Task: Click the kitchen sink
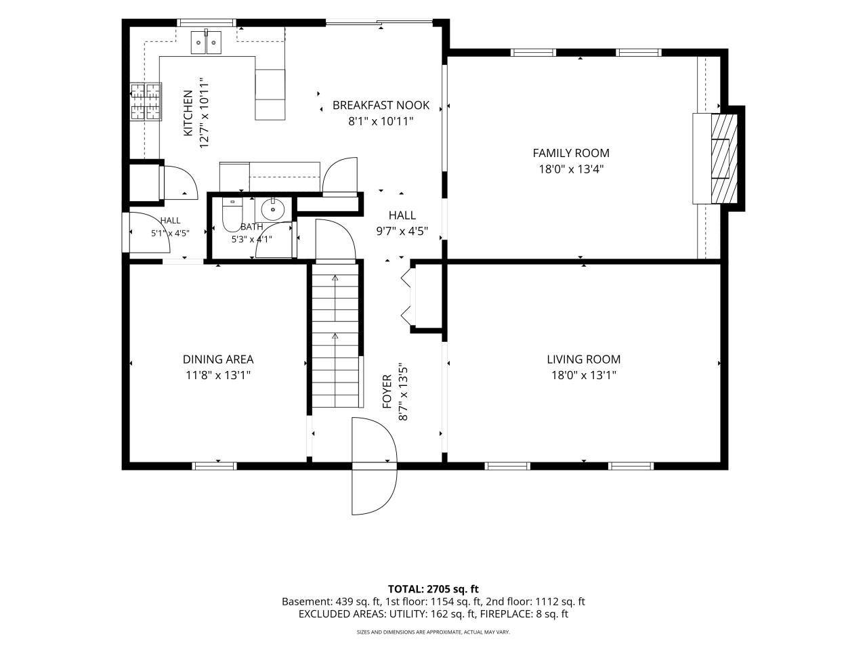click(x=206, y=42)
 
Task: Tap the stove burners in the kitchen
click(x=146, y=102)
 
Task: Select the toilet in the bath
click(x=232, y=215)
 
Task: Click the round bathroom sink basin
click(x=272, y=209)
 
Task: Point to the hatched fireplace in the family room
click(x=724, y=158)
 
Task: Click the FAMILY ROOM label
click(x=571, y=153)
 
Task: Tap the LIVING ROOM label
click(x=583, y=359)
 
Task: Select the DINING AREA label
click(x=218, y=359)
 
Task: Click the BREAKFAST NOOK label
click(x=381, y=106)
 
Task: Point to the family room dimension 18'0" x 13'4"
click(x=571, y=169)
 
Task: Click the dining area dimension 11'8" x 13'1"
click(x=218, y=375)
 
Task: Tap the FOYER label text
click(x=387, y=391)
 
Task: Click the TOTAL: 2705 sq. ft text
click(x=433, y=589)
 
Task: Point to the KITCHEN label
click(x=188, y=113)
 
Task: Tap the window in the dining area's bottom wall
click(x=214, y=466)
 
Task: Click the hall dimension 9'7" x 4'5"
click(x=402, y=231)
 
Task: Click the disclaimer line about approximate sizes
click(x=433, y=632)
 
